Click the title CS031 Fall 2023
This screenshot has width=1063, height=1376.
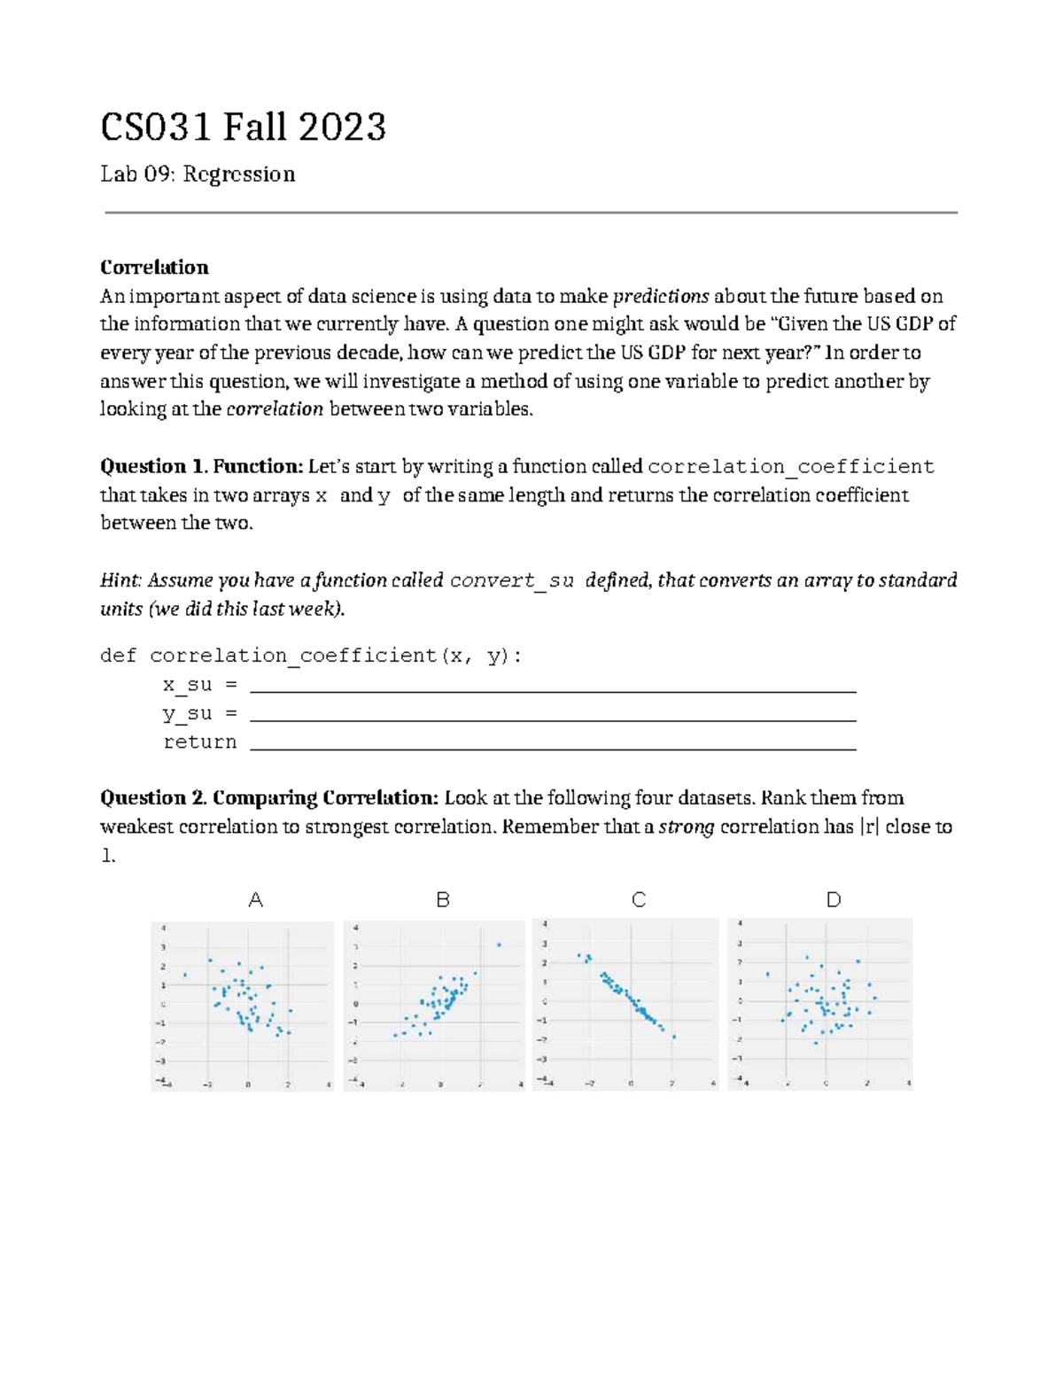243,128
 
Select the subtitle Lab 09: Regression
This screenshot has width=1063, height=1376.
198,175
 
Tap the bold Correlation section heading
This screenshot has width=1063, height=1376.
154,268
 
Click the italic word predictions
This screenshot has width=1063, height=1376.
661,296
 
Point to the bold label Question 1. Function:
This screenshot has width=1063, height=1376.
202,467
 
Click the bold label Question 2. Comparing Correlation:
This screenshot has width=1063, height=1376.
269,798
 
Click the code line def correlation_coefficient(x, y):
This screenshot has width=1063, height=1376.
311,657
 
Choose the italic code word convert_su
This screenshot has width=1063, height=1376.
512,581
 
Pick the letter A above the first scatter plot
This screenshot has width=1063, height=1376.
256,900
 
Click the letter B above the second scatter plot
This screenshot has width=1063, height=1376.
443,900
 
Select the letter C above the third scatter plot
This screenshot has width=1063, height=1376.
639,900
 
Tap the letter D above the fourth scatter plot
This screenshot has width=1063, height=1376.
834,900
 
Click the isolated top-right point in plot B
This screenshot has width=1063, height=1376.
499,945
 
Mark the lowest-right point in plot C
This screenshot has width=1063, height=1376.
674,1037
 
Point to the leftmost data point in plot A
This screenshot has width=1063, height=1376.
184,976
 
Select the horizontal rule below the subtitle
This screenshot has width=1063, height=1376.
531,213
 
